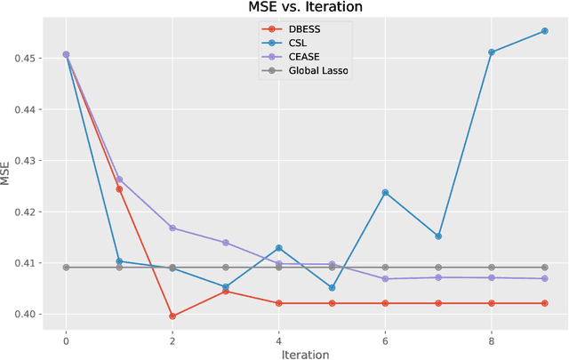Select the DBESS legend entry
pos(304,28)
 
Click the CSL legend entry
pos(298,42)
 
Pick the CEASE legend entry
pos(303,56)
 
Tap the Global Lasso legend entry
pos(318,70)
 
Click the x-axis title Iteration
pos(305,354)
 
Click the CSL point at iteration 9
pos(545,31)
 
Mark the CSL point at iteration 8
pos(492,52)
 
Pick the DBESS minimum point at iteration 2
pos(172,316)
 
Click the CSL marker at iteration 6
pos(385,192)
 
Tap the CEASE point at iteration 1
pos(119,180)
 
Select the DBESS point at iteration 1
pos(119,189)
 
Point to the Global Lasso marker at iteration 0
pos(66,268)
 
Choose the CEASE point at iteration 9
pos(545,278)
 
